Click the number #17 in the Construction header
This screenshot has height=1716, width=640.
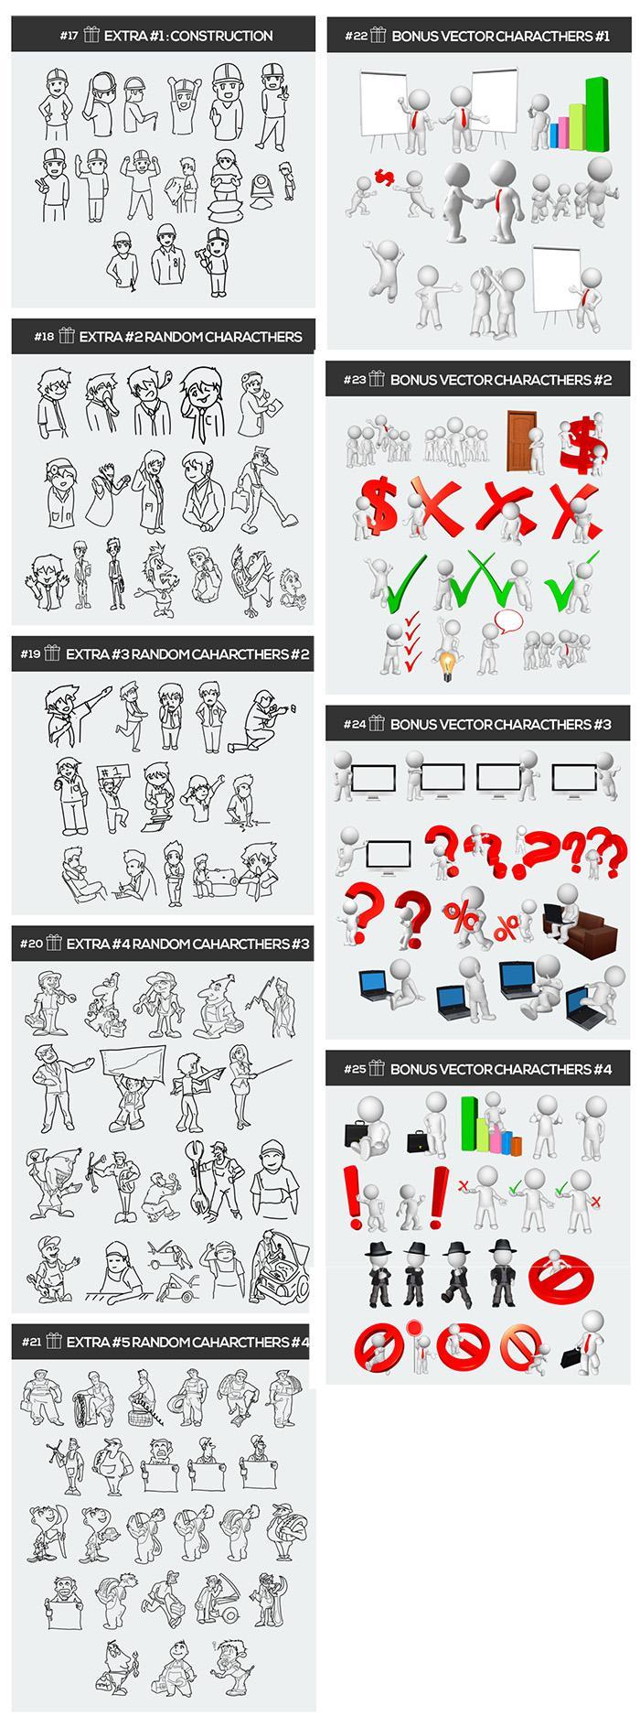[x=69, y=37]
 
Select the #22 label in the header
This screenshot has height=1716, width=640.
[x=356, y=37]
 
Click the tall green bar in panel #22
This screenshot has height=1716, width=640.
[x=596, y=112]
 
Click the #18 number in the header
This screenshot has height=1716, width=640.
[x=44, y=337]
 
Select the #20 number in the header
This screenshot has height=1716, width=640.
[x=32, y=944]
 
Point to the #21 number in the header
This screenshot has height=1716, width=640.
[x=32, y=1342]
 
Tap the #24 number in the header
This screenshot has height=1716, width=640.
[x=355, y=725]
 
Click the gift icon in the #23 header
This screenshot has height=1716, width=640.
[x=377, y=379]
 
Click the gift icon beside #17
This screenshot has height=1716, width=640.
[x=91, y=36]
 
